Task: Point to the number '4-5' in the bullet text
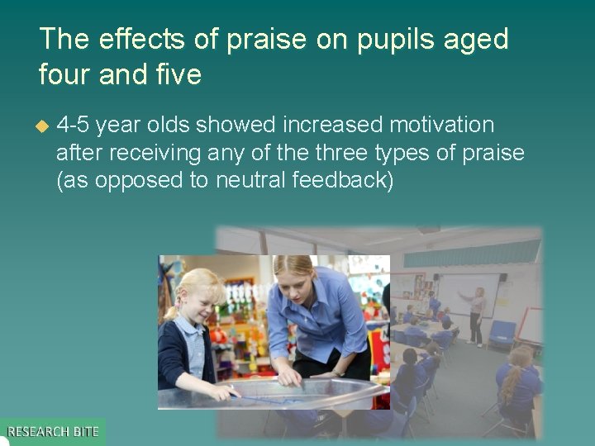pyautogui.click(x=74, y=126)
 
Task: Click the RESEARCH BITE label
pyautogui.click(x=53, y=431)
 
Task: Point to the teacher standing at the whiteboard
pyautogui.click(x=477, y=314)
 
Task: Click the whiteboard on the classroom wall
pyautogui.click(x=467, y=293)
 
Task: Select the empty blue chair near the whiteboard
pyautogui.click(x=502, y=334)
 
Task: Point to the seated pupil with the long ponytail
pyautogui.click(x=516, y=380)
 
